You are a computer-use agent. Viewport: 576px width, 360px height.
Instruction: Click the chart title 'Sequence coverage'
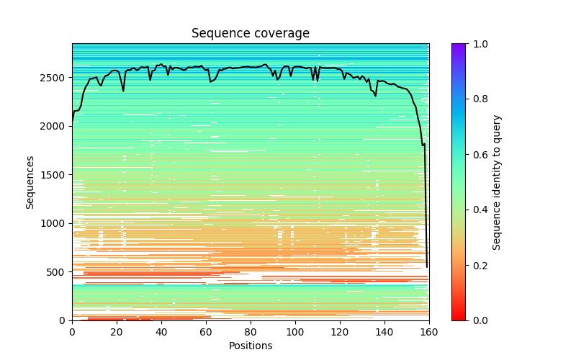[250, 33]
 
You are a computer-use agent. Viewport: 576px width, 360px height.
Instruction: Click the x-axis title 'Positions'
[250, 346]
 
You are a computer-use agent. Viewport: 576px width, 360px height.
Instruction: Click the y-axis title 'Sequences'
[30, 181]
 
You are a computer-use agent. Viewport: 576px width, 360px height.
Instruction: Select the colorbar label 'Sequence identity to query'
[497, 181]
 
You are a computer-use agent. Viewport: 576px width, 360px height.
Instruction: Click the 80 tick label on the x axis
[251, 332]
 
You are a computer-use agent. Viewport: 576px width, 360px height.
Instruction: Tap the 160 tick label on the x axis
[429, 332]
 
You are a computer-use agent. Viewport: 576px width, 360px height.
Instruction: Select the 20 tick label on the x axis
[117, 332]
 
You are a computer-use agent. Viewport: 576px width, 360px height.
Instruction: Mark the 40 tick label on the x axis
[161, 332]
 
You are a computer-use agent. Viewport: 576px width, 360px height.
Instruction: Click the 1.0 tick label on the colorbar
[477, 44]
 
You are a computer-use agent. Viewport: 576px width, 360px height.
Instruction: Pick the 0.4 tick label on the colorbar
[477, 210]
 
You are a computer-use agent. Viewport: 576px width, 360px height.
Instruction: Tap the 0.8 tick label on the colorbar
[477, 99]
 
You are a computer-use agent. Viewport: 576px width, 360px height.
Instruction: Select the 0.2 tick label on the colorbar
[477, 265]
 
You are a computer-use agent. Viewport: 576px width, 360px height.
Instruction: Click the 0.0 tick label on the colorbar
[477, 320]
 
